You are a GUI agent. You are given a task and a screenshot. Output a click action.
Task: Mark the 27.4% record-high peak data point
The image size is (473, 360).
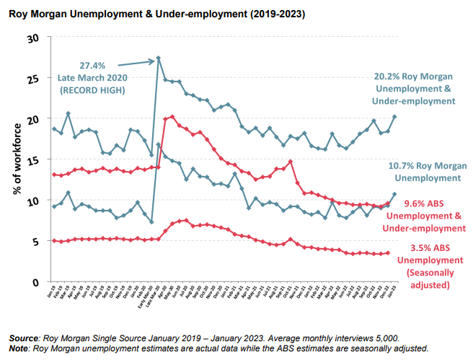pyautogui.click(x=158, y=58)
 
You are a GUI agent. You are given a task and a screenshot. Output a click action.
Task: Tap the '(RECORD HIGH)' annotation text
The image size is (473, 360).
pyautogui.click(x=89, y=89)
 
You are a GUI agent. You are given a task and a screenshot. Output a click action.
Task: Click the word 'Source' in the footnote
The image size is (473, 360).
pyautogui.click(x=25, y=338)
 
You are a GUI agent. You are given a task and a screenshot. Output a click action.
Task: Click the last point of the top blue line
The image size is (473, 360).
pyautogui.click(x=395, y=116)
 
